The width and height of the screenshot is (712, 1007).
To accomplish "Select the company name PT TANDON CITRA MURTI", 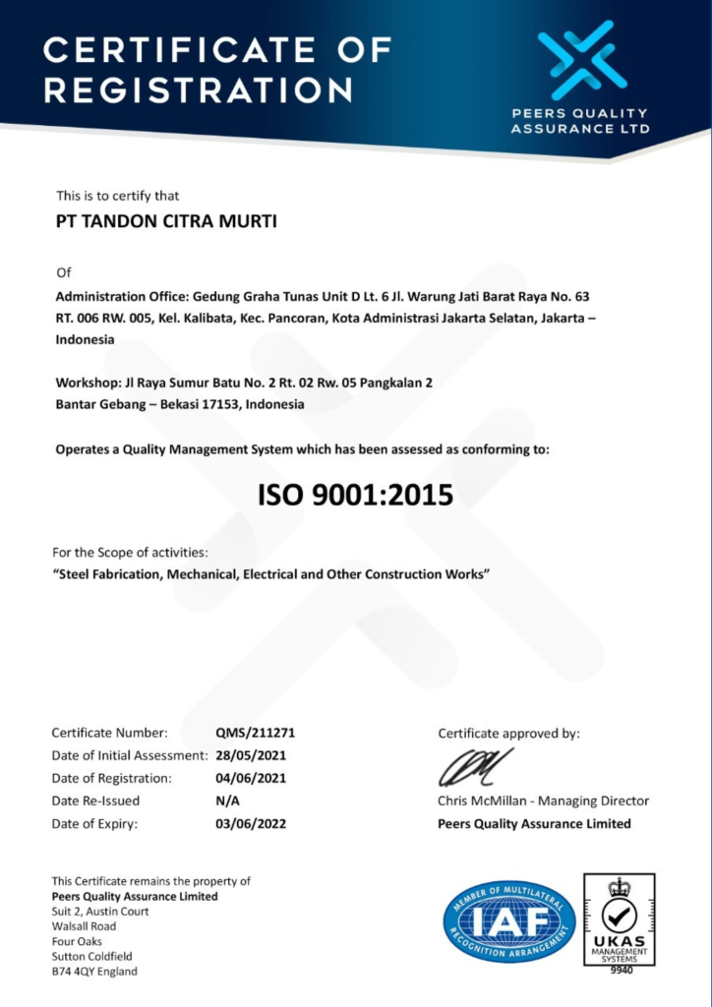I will (166, 222).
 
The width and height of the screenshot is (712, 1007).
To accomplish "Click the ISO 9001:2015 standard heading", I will (355, 496).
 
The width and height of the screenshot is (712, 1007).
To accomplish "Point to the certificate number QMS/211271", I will (256, 733).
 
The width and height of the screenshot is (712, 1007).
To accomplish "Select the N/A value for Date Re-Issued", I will (228, 800).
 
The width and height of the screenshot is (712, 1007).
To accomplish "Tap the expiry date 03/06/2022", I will (251, 823).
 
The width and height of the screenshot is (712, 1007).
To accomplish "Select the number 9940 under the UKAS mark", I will (619, 970).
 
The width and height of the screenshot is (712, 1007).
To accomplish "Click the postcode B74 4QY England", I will (94, 972).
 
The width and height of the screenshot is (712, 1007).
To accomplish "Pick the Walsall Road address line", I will (84, 926).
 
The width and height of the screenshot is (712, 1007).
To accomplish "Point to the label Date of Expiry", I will (94, 823).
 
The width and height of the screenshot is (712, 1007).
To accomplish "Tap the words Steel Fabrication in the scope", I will (106, 573).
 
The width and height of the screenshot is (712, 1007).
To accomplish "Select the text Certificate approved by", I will (508, 733).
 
